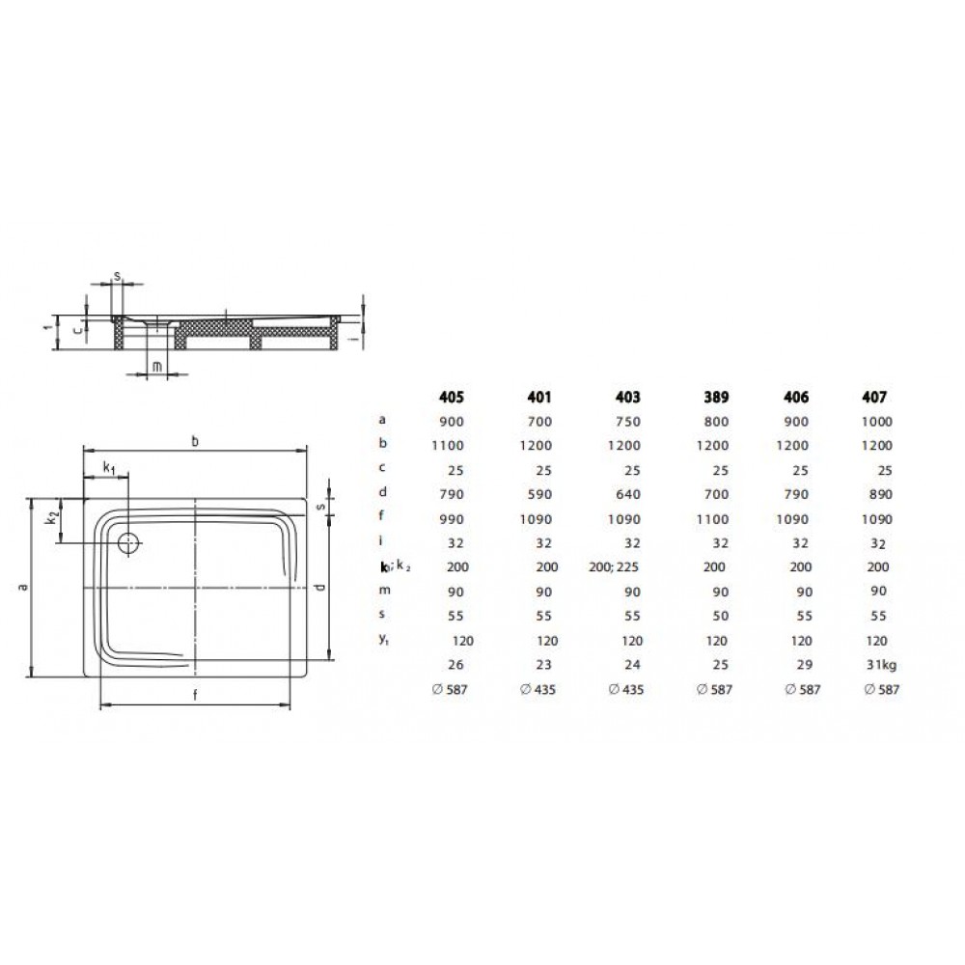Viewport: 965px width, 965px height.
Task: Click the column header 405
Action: point(451,397)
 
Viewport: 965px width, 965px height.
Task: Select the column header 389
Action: point(716,397)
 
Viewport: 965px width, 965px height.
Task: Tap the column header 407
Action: point(874,397)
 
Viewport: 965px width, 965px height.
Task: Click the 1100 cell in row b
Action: point(448,446)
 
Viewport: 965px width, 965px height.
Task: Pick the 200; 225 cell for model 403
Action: point(614,566)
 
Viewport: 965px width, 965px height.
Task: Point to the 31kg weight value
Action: point(881,665)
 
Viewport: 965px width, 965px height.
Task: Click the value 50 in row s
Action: point(721,616)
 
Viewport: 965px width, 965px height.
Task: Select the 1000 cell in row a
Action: point(877,422)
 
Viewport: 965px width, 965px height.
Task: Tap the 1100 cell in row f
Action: point(713,519)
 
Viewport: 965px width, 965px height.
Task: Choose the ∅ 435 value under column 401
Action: point(538,690)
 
